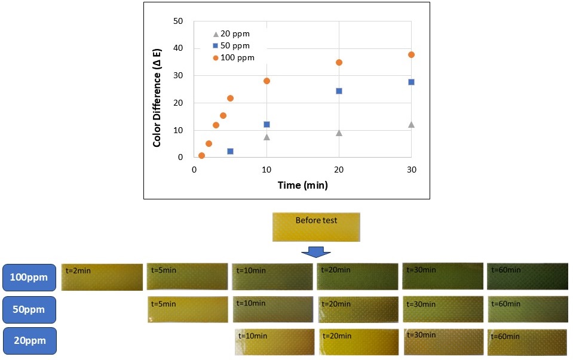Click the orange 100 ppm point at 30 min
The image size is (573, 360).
411,55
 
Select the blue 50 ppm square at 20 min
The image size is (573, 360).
339,91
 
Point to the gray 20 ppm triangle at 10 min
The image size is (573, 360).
266,137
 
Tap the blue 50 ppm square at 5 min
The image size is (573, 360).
230,151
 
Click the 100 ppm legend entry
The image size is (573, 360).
234,58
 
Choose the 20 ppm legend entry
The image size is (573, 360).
232,34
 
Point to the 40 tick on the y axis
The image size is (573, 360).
178,48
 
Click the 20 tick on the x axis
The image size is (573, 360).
339,170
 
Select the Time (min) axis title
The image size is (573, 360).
302,185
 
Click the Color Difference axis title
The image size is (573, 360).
157,98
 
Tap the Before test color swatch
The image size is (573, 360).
316,227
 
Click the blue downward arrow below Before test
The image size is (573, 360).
315,252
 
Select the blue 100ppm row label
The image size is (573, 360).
29,278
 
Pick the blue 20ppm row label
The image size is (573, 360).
30,341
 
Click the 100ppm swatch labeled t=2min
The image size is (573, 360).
102,277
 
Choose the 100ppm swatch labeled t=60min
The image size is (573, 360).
528,276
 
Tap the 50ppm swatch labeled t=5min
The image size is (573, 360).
188,310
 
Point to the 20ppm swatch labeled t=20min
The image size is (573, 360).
359,342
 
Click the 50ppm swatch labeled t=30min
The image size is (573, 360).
443,309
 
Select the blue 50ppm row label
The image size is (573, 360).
29,310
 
